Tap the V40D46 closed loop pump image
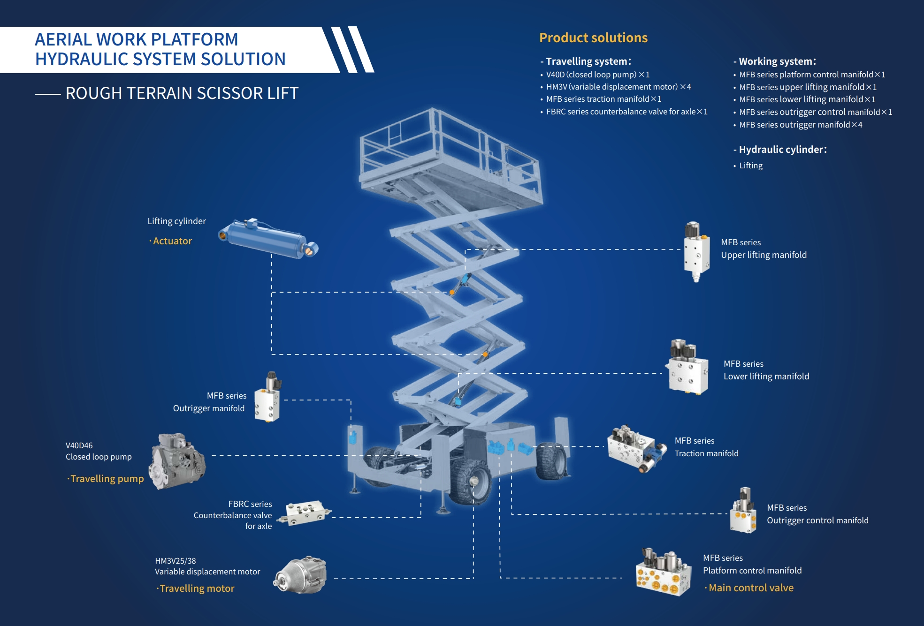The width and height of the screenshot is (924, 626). (177, 461)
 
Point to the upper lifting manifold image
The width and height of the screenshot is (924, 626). (696, 251)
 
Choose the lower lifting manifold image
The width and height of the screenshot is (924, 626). (688, 368)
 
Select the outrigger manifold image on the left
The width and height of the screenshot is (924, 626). (268, 398)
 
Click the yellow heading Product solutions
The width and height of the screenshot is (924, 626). (593, 38)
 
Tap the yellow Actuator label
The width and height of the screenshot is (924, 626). (172, 241)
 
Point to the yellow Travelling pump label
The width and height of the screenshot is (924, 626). (107, 479)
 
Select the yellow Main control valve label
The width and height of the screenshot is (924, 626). (751, 588)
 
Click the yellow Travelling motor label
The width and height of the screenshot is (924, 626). (197, 588)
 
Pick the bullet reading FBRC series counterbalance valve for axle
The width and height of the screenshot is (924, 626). (626, 112)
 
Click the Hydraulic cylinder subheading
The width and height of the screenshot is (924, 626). (782, 150)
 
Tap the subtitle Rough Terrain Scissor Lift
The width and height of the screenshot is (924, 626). (182, 93)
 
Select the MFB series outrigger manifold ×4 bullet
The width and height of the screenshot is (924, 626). (801, 125)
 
